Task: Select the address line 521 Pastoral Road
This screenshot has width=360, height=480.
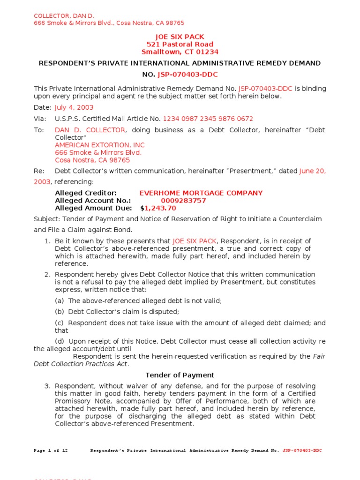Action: [180, 45]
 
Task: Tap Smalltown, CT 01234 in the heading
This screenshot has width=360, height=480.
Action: [180, 52]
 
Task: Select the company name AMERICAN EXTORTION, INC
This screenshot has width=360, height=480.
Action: [100, 145]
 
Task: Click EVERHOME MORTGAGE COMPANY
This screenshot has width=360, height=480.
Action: [201, 193]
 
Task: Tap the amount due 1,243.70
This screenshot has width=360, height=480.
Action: [160, 208]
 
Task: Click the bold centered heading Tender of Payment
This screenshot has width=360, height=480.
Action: [180, 375]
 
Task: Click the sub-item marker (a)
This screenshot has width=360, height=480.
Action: [60, 301]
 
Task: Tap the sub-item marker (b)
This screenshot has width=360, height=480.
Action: [60, 312]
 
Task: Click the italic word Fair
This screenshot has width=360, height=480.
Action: [319, 356]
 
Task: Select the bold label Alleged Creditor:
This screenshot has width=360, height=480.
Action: [86, 193]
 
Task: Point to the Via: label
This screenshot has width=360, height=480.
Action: [39, 119]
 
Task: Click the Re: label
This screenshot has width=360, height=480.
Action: [39, 171]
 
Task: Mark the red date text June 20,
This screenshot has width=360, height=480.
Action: [313, 171]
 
